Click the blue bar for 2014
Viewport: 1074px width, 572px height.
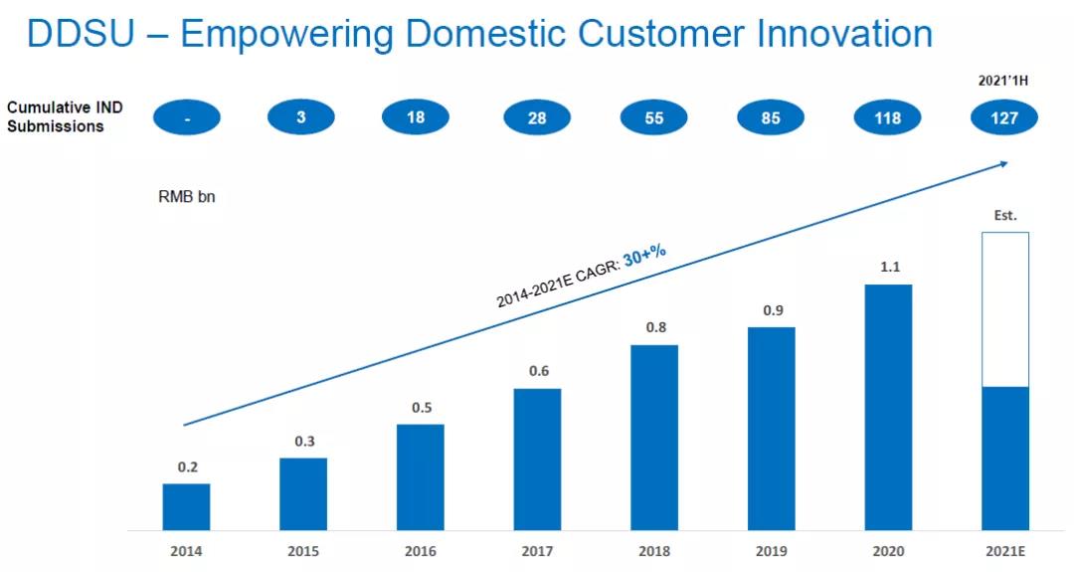[x=186, y=506]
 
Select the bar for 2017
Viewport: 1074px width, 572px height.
[x=537, y=459]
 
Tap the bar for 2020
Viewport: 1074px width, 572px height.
[x=888, y=407]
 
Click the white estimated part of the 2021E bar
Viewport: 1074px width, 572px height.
[x=1004, y=309]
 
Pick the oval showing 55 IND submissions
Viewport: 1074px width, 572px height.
[x=653, y=118]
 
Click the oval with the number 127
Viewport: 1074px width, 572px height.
[x=1004, y=118]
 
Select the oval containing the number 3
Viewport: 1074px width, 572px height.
[x=301, y=118]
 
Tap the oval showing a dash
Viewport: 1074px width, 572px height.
[x=186, y=118]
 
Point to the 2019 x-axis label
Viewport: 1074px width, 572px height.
[x=771, y=551]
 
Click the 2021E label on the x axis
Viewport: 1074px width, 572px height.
[x=1004, y=551]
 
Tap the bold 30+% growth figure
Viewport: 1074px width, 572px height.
[x=644, y=256]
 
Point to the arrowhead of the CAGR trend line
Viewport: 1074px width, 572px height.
[x=1003, y=163]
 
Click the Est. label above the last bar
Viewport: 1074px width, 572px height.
[x=1005, y=215]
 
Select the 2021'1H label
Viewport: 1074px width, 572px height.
[x=1002, y=81]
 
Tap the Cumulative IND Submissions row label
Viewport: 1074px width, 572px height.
[x=65, y=116]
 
